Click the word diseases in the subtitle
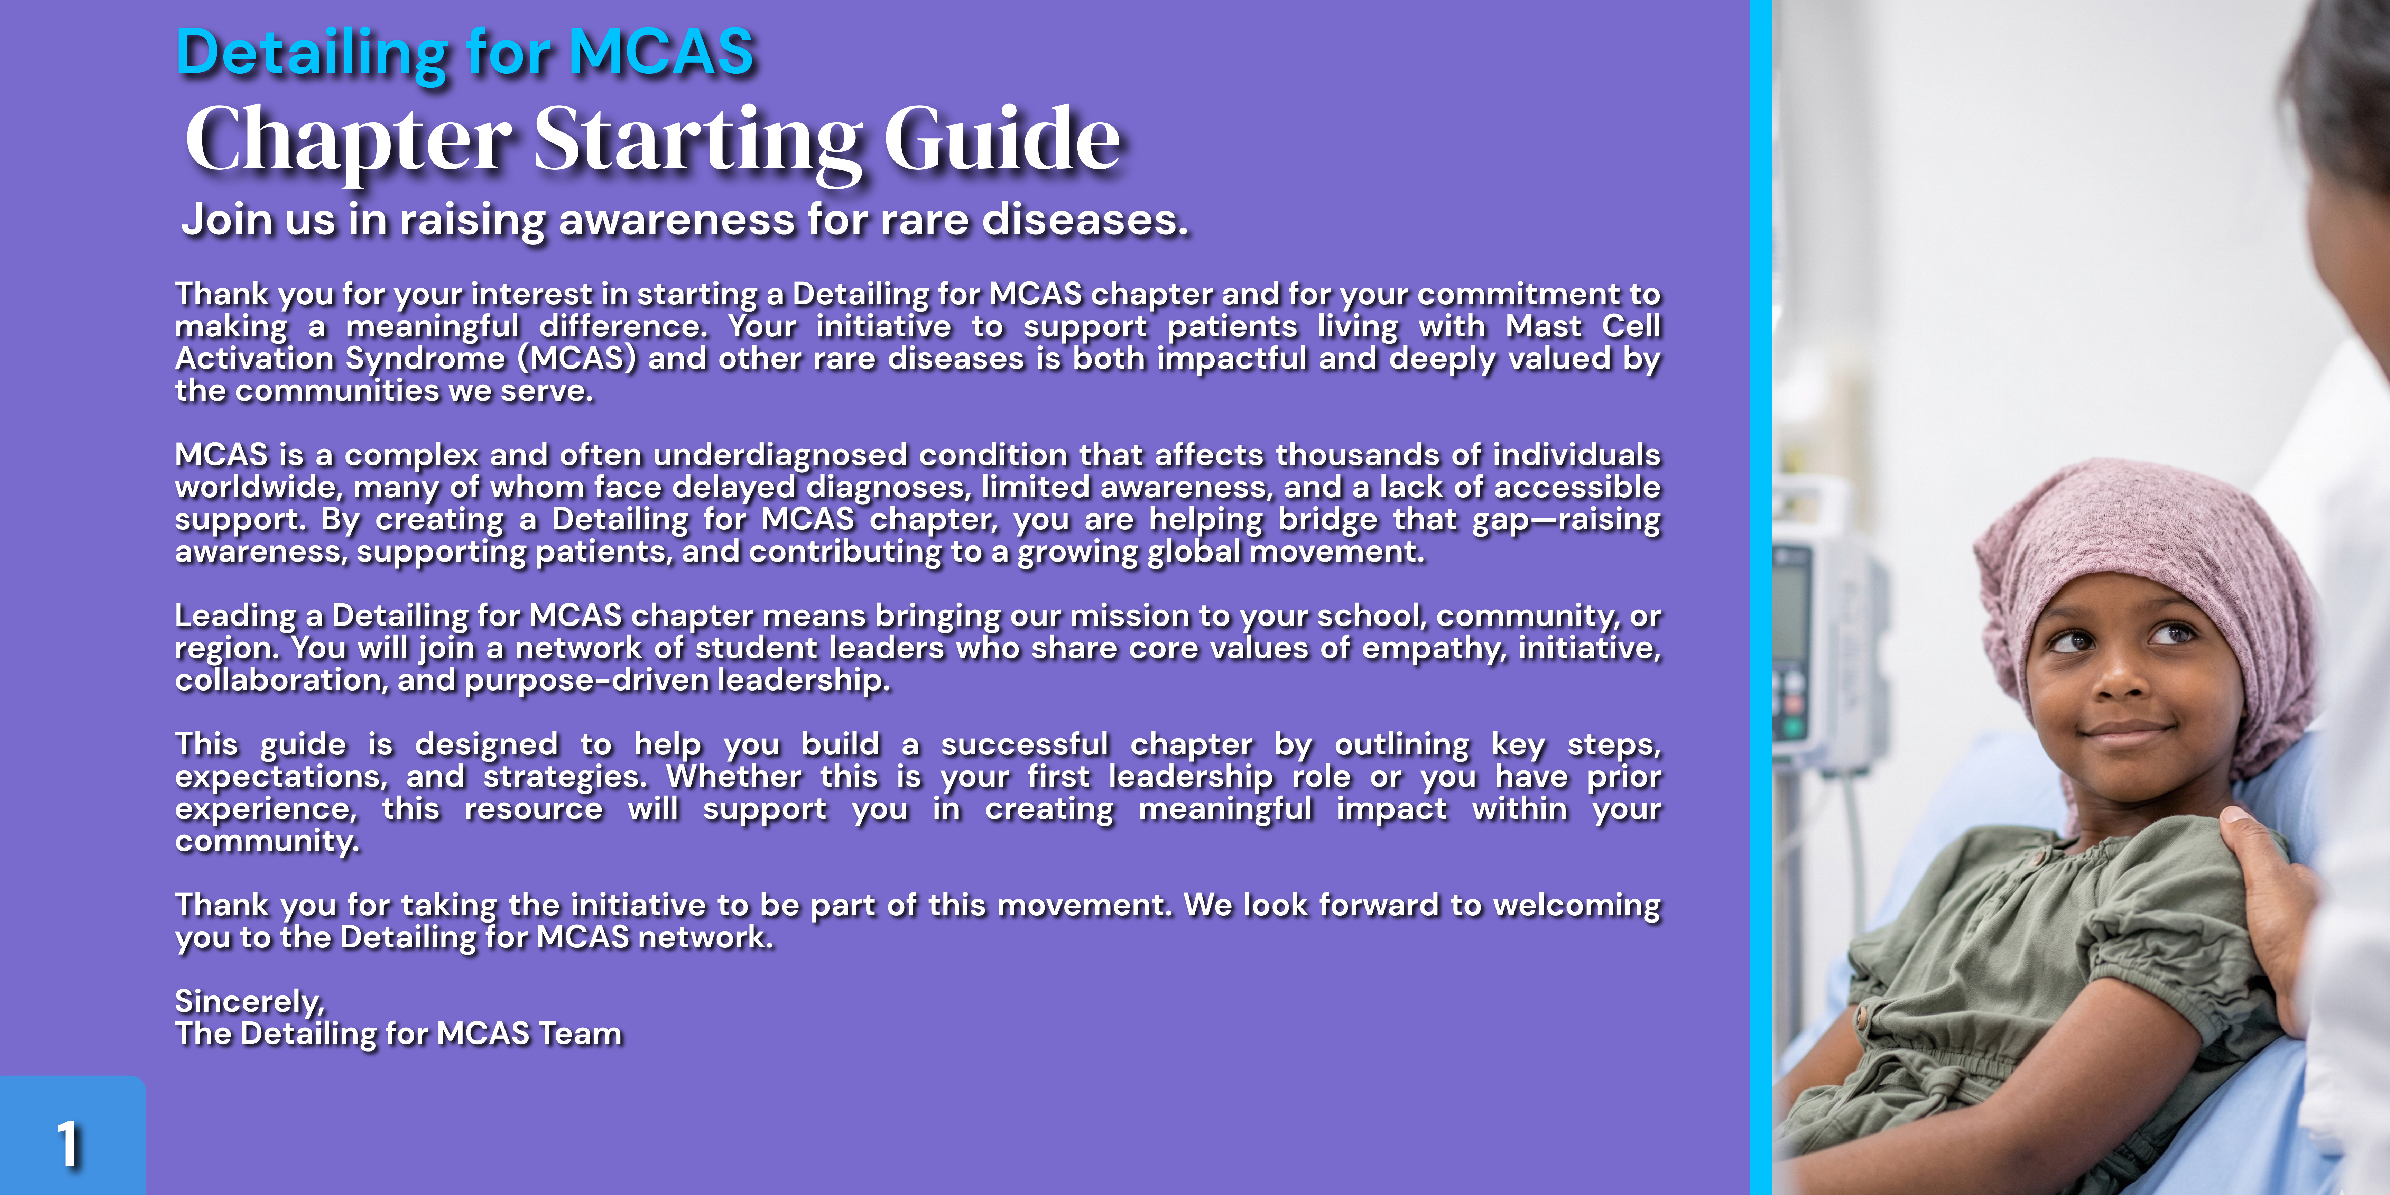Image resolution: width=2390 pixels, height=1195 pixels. (x=1084, y=220)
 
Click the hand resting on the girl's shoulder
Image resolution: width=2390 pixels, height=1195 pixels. (x=2264, y=891)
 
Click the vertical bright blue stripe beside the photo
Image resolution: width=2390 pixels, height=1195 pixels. (x=1760, y=597)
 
